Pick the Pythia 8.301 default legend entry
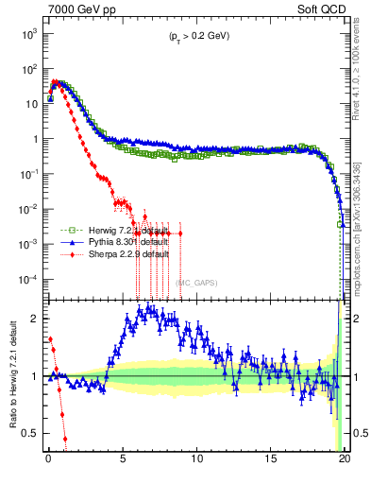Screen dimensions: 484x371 [x=115, y=242]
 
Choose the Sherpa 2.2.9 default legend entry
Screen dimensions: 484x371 [x=115, y=254]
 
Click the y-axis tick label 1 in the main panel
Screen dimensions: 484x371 [x=33, y=139]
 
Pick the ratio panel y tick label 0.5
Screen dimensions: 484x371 [x=29, y=434]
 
